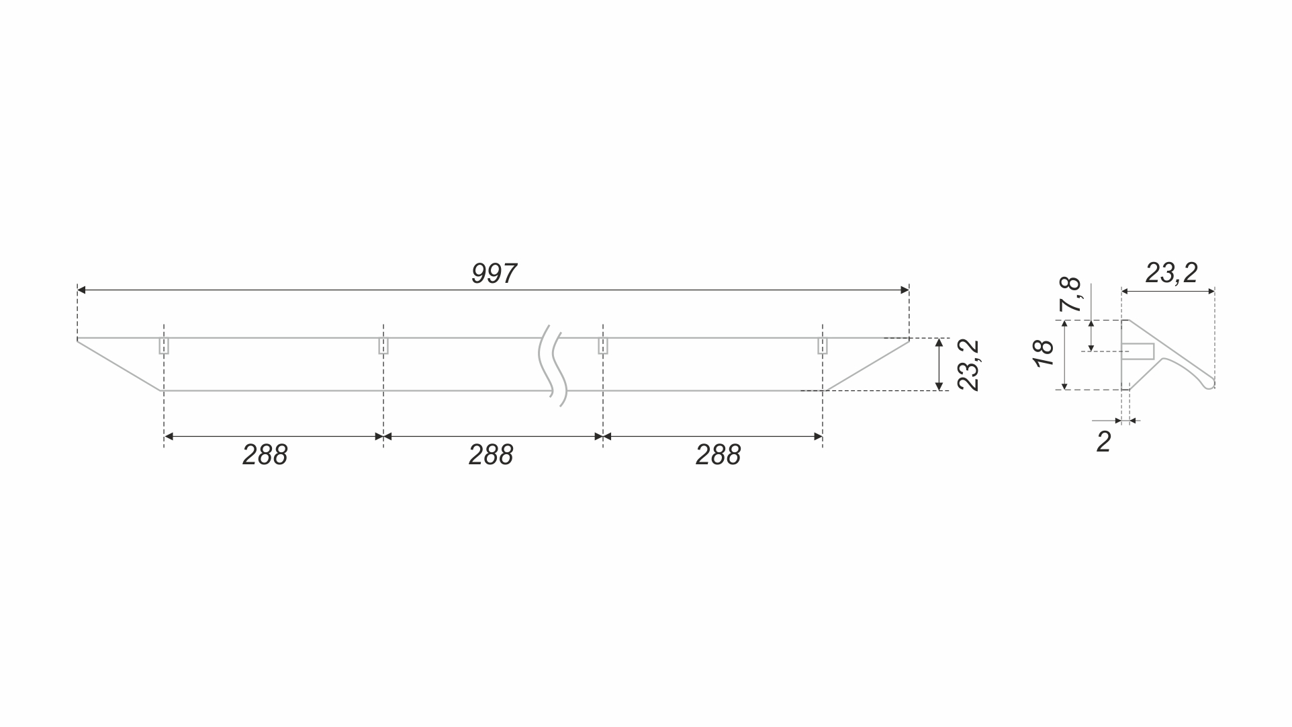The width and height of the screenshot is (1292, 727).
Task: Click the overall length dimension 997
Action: coord(494,273)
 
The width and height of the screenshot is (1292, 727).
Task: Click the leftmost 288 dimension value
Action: coord(265,455)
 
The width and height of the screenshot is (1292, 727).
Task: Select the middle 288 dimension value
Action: coord(491,455)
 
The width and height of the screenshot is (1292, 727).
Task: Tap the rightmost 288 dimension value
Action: coord(718,455)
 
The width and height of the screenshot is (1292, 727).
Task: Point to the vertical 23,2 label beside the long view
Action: coord(968,365)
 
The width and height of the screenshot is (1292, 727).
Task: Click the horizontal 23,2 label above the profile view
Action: coord(1171,273)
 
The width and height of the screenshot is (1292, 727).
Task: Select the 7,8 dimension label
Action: coord(1070,294)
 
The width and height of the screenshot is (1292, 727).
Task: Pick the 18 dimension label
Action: coord(1044,353)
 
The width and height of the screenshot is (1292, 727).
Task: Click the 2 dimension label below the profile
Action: coord(1103,441)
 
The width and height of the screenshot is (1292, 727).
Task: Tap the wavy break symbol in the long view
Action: coord(553,366)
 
